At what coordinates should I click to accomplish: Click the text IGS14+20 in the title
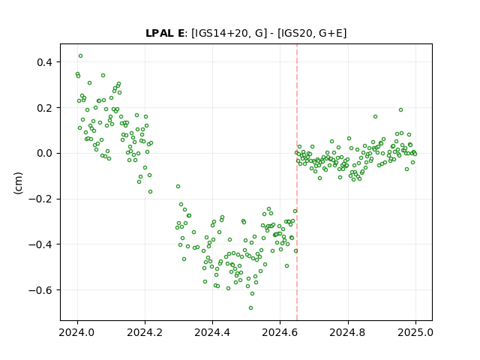220,33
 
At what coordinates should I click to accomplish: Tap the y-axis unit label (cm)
18,183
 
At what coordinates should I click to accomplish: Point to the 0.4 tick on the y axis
45,62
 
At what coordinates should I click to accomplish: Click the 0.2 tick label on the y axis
45,108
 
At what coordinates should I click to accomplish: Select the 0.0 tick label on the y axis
45,153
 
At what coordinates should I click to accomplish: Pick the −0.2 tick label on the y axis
40,199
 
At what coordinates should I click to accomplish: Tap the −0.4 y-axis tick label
40,244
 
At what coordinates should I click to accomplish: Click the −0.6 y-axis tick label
40,290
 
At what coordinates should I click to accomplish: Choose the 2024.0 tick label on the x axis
77,332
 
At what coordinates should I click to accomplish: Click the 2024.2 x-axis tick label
145,332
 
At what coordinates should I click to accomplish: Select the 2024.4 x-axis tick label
212,332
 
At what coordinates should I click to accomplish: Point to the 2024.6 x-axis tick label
280,332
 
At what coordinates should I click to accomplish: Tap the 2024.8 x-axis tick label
348,332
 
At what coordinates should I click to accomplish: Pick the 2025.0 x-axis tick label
415,332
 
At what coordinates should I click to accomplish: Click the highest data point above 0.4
80,56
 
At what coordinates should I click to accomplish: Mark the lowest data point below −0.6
250,307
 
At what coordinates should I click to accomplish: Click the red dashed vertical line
297,182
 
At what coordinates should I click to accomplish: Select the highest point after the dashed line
400,110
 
